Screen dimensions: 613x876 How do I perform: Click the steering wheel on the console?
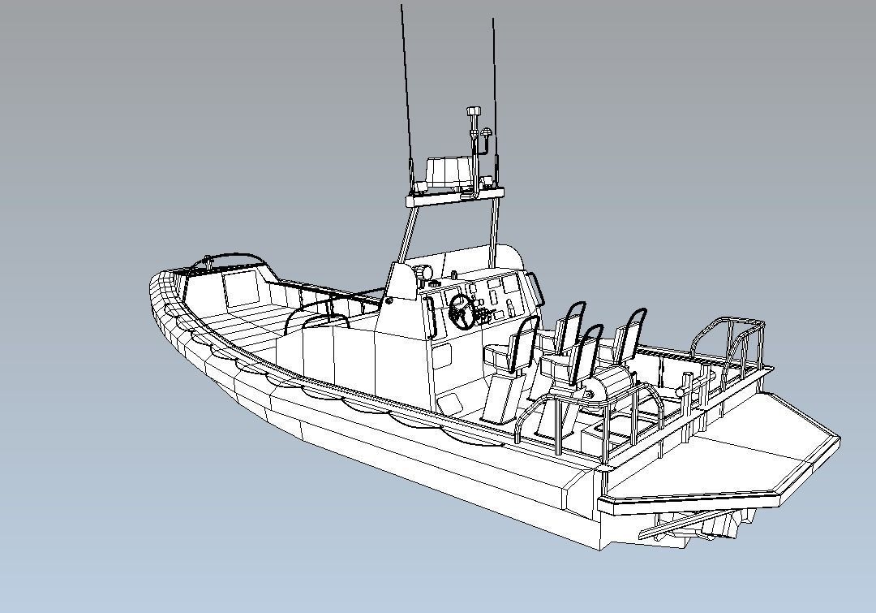462,310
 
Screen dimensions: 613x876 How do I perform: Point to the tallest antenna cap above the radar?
474,111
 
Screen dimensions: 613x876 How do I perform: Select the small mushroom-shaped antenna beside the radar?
487,132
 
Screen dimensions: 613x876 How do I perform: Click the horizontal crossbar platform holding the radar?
454,196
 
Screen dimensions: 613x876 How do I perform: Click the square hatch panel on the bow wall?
240,289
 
